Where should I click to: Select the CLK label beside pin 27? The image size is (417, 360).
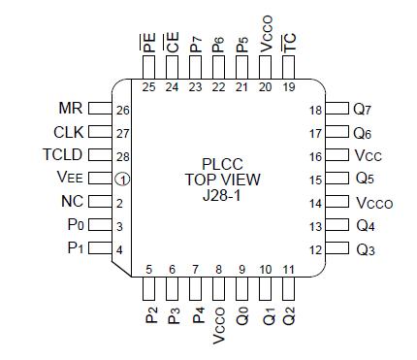pyautogui.click(x=69, y=131)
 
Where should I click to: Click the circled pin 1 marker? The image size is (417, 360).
pyautogui.click(x=122, y=179)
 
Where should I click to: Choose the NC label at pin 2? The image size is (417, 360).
pyautogui.click(x=73, y=203)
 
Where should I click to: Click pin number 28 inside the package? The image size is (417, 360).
pyautogui.click(x=123, y=155)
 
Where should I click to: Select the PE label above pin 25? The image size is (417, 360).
pyautogui.click(x=148, y=43)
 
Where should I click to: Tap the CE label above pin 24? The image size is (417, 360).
pyautogui.click(x=172, y=43)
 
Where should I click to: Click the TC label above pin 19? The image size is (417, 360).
pyautogui.click(x=288, y=43)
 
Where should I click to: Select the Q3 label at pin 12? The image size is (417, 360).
pyautogui.click(x=364, y=250)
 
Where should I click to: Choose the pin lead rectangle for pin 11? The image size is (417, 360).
pyautogui.click(x=289, y=289)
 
